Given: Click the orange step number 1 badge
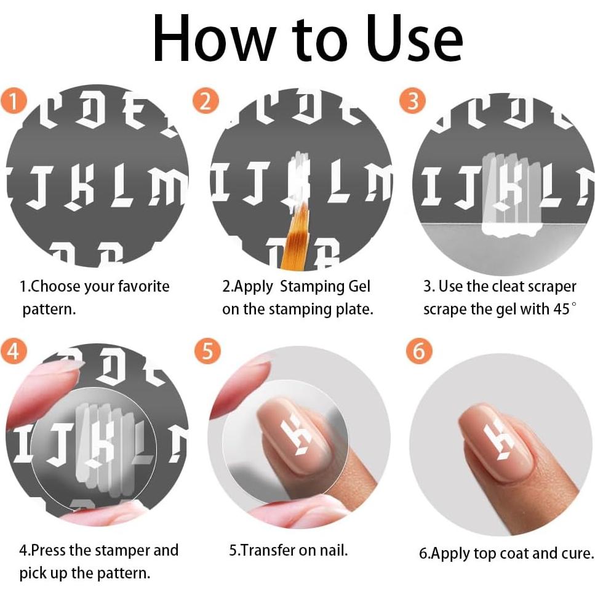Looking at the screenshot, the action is [14, 100].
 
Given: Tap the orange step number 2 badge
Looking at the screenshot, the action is [206, 101].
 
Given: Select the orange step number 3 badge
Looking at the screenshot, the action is [412, 101].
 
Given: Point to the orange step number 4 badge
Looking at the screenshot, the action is [14, 351].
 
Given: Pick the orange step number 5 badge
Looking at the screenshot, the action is [207, 351].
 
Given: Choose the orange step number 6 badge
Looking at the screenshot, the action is [419, 351].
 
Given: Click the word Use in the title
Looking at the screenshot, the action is [415, 39].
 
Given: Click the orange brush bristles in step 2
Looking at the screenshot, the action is [295, 235].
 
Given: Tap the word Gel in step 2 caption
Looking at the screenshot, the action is [359, 287].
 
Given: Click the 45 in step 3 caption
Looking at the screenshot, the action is [562, 309].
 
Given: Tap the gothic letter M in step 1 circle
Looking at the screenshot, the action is [167, 186].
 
